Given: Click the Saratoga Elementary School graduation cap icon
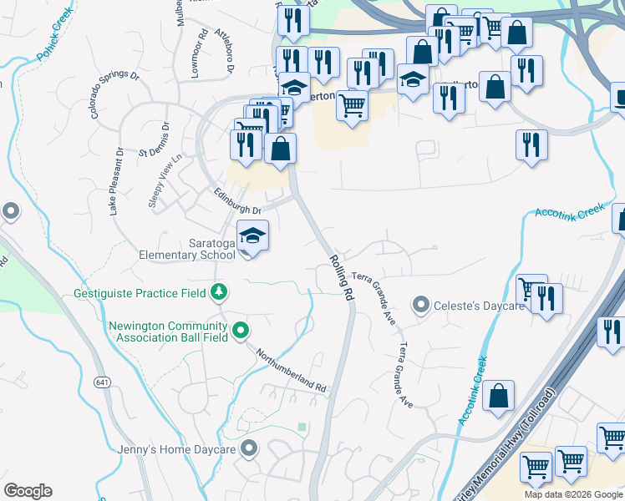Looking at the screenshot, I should pyautogui.click(x=253, y=237).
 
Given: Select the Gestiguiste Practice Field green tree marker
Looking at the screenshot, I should pyautogui.click(x=219, y=292).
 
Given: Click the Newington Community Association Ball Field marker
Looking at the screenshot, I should pyautogui.click(x=241, y=331).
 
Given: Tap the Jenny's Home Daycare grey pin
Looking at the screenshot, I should pyautogui.click(x=248, y=449).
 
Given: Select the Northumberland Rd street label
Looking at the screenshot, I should pyautogui.click(x=291, y=370).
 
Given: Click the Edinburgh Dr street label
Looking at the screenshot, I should pyautogui.click(x=238, y=201).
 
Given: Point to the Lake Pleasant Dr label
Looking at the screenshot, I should pyautogui.click(x=117, y=182).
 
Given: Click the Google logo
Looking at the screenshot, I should pyautogui.click(x=28, y=490).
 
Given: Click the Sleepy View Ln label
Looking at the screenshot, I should pyautogui.click(x=165, y=181).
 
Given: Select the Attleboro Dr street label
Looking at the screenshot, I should pyautogui.click(x=224, y=51).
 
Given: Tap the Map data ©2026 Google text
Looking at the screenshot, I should pyautogui.click(x=574, y=494).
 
